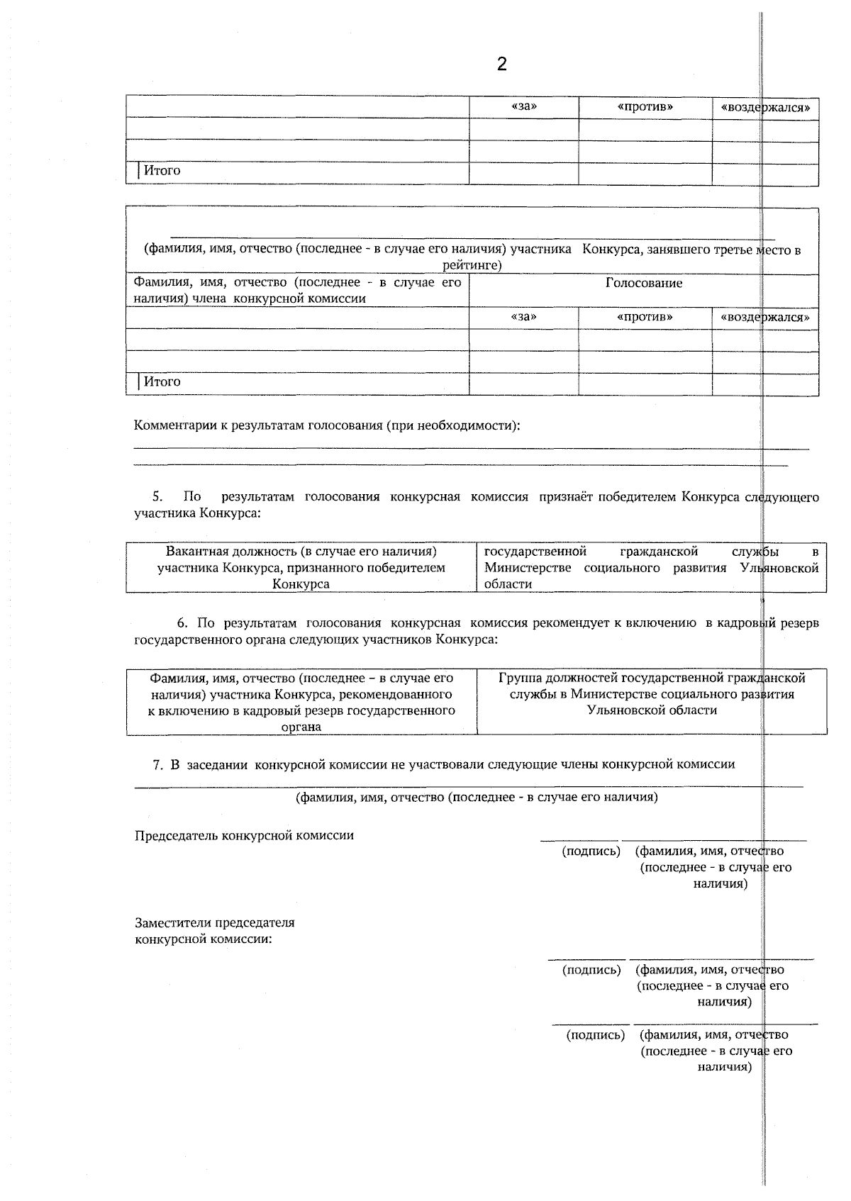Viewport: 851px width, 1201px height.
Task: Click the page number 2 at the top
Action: tap(501, 65)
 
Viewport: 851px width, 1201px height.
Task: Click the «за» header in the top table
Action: tap(523, 107)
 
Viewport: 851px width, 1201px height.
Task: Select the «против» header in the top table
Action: tap(645, 107)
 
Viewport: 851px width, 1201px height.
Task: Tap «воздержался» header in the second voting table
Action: tap(765, 317)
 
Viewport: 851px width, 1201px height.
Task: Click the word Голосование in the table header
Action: tap(643, 283)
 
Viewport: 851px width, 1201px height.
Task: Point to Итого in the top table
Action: tap(162, 170)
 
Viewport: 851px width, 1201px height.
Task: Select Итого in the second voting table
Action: tap(162, 381)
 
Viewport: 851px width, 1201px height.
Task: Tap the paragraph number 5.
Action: tap(157, 496)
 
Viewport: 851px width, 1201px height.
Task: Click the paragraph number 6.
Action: tap(182, 622)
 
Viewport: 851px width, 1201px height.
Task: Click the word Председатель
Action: tap(177, 835)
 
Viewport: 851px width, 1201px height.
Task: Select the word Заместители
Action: tap(172, 923)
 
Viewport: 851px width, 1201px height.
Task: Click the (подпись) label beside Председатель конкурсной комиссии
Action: tap(591, 851)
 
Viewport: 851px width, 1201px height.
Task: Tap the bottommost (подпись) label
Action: tap(595, 1035)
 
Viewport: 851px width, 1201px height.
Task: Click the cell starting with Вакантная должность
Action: tap(301, 567)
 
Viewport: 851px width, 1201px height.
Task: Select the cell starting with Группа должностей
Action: tap(652, 693)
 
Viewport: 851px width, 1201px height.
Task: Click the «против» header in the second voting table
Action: tap(645, 317)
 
